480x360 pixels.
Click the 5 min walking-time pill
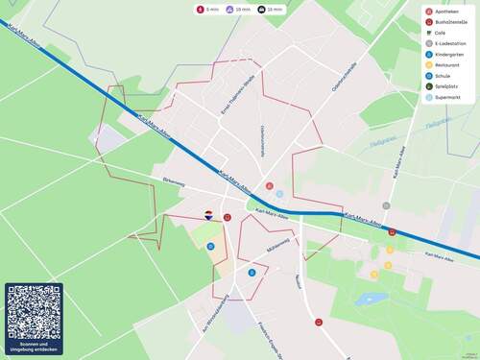tap(208, 9)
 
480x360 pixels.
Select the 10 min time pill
tap(240, 9)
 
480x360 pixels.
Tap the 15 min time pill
tap(271, 9)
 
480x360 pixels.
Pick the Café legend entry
tap(440, 33)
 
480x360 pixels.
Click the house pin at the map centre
tap(208, 215)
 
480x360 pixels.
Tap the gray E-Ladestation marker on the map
tap(386, 205)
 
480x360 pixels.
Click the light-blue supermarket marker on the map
tap(279, 194)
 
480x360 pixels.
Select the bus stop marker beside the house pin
tap(227, 218)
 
